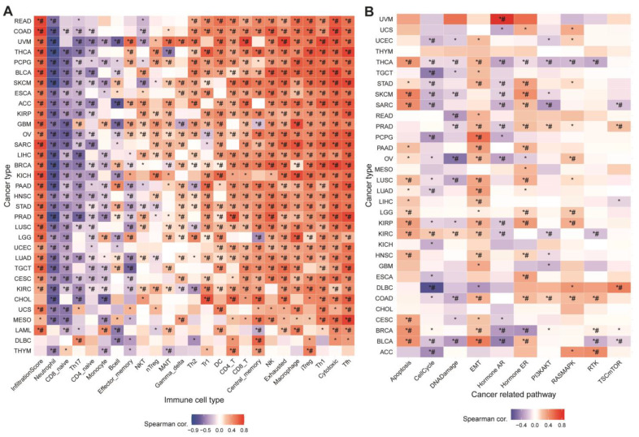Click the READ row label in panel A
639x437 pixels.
[x=23, y=19]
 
